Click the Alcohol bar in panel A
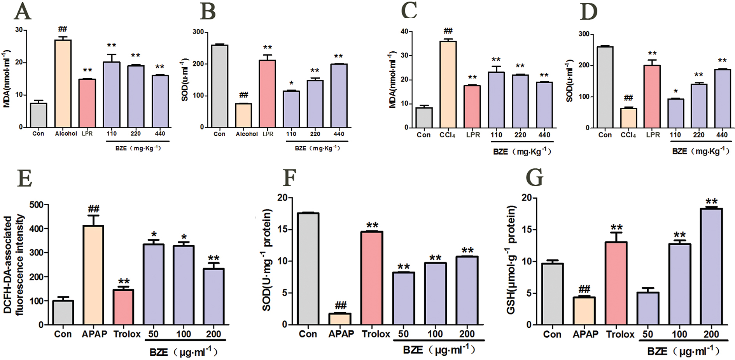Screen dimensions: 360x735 pos(63,84)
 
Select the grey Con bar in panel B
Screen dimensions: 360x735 pos(220,86)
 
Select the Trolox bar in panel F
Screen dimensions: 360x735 pos(372,278)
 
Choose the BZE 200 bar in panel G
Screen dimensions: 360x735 pos(711,266)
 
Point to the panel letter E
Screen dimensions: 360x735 pos(25,178)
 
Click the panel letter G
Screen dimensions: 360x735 pos(534,178)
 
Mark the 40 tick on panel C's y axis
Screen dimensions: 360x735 pos(404,31)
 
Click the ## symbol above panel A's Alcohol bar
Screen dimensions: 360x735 pos(63,29)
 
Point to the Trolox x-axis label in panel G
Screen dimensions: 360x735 pos(620,334)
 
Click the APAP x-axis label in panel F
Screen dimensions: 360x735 pos(341,334)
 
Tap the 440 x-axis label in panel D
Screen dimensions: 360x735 pos(722,135)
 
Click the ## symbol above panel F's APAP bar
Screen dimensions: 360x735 pos(341,305)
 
